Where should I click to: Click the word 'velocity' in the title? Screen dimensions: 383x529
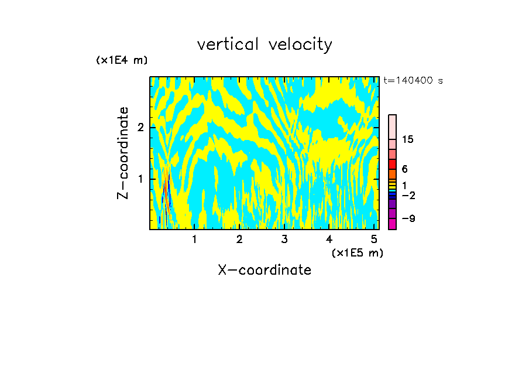pyautogui.click(x=300, y=45)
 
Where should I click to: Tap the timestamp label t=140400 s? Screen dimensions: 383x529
pyautogui.click(x=413, y=81)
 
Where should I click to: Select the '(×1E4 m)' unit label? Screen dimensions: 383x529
pyautogui.click(x=122, y=60)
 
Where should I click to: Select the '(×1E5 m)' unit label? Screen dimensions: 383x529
pyautogui.click(x=357, y=253)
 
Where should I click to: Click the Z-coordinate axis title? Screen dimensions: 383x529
pyautogui.click(x=123, y=153)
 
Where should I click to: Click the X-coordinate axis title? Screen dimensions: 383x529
pyautogui.click(x=264, y=270)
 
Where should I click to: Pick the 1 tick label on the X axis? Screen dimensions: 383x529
pyautogui.click(x=194, y=240)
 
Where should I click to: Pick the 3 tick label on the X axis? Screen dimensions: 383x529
pyautogui.click(x=284, y=240)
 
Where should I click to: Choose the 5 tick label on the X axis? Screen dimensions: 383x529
pyautogui.click(x=374, y=240)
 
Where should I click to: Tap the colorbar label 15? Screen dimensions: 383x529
pyautogui.click(x=408, y=139)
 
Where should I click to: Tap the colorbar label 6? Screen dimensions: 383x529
pyautogui.click(x=404, y=169)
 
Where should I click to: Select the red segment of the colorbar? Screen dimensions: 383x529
pyautogui.click(x=393, y=164)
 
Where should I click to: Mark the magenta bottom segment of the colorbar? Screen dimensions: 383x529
pyautogui.click(x=393, y=223)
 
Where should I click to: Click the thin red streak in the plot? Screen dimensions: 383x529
pyautogui.click(x=166, y=193)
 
